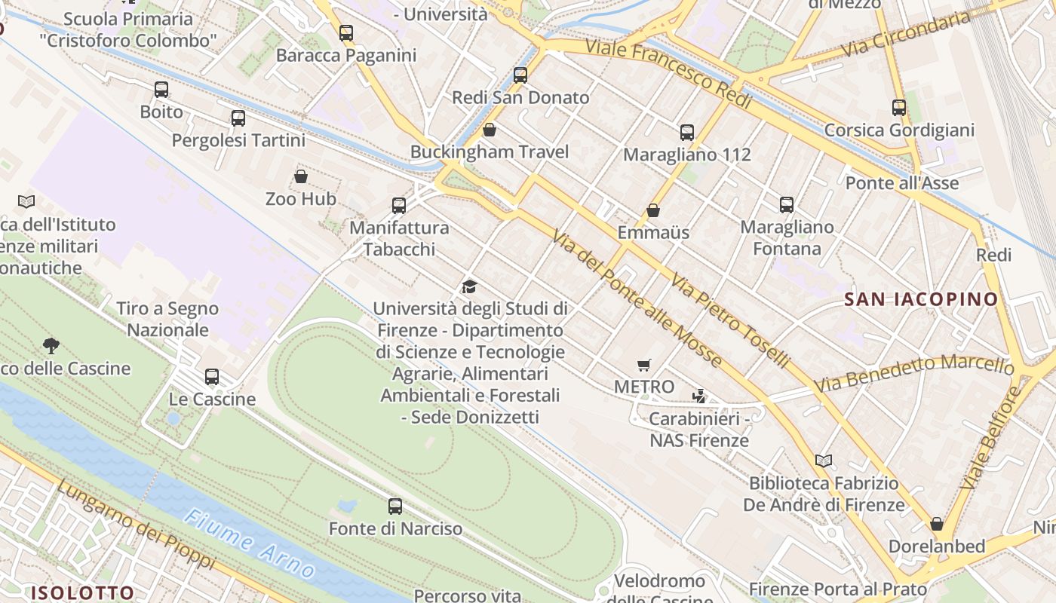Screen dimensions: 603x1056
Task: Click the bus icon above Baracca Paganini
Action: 346,33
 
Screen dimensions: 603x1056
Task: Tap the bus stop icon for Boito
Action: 161,90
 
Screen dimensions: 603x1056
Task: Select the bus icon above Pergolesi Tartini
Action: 238,118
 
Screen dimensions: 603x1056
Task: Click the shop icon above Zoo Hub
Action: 301,176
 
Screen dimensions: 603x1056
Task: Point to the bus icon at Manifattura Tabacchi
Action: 399,205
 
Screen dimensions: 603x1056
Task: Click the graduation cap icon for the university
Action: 469,286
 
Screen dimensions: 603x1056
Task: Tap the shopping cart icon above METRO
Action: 643,366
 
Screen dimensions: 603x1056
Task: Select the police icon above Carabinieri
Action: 699,396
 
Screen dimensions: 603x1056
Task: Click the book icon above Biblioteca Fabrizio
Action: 824,461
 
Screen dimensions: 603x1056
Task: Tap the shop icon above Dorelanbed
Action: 937,523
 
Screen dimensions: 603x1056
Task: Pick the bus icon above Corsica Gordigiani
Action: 898,108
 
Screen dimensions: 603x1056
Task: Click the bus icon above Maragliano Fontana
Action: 787,205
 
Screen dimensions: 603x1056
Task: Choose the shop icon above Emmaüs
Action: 653,210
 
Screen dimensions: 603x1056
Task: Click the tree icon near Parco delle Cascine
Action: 51,346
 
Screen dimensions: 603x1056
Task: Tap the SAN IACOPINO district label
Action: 921,299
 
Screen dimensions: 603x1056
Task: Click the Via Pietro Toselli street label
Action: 729,321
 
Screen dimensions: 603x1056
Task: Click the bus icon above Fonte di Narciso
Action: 395,507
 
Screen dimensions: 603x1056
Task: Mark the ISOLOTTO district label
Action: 82,592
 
